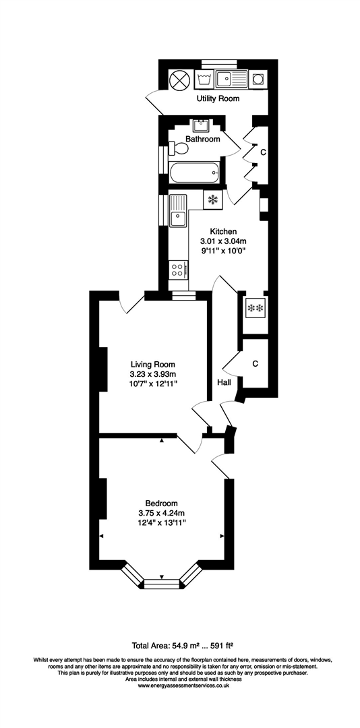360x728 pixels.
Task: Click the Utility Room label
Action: click(x=218, y=99)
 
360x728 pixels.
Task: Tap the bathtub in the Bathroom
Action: click(x=194, y=173)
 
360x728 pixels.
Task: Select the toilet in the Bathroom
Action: click(x=179, y=148)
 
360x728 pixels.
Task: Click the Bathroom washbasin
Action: click(x=200, y=125)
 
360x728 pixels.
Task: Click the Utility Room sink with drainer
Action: click(x=231, y=80)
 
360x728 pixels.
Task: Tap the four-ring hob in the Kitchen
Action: click(x=179, y=270)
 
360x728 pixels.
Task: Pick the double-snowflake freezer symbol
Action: click(x=256, y=308)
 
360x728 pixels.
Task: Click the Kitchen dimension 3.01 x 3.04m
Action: click(x=223, y=241)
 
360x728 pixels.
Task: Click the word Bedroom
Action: click(x=161, y=503)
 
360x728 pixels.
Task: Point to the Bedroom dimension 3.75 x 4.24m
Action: click(x=161, y=512)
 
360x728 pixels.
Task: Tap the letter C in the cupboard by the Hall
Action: click(x=255, y=364)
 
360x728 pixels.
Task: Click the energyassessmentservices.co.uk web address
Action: click(x=179, y=686)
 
